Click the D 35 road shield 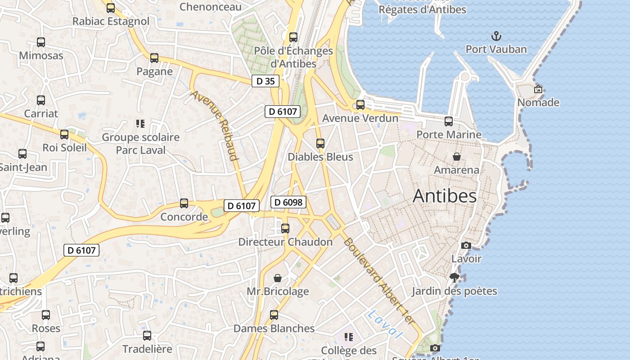pyautogui.click(x=265, y=81)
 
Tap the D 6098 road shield pyautogui.click(x=288, y=202)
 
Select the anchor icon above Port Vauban pyautogui.click(x=496, y=36)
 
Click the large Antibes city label pyautogui.click(x=444, y=196)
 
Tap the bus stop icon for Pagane pyautogui.click(x=154, y=58)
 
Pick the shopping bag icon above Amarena pyautogui.click(x=457, y=157)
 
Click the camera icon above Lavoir pyautogui.click(x=466, y=245)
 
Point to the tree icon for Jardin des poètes pyautogui.click(x=454, y=277)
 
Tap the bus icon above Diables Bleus pyautogui.click(x=320, y=144)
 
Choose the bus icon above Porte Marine pyautogui.click(x=449, y=121)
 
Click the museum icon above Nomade pyautogui.click(x=538, y=89)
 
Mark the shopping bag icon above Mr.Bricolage pyautogui.click(x=278, y=278)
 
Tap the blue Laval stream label pyautogui.click(x=384, y=324)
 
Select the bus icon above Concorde pyautogui.click(x=184, y=203)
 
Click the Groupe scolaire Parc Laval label pyautogui.click(x=140, y=144)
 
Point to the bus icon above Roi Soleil pyautogui.click(x=64, y=134)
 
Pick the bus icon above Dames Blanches pyautogui.click(x=274, y=315)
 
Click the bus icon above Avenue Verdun pyautogui.click(x=360, y=105)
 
